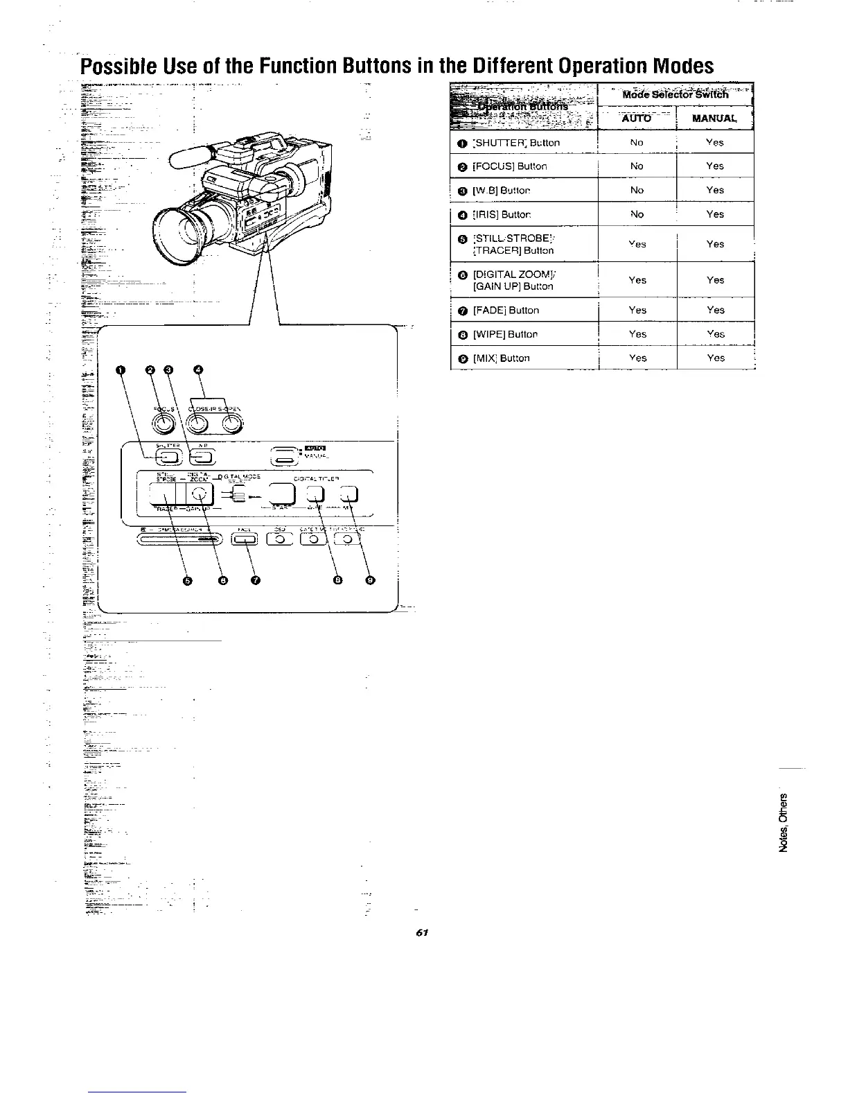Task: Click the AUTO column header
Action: point(636,118)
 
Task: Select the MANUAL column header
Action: point(714,118)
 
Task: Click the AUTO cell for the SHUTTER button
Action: point(636,143)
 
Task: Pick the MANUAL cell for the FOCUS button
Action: point(714,166)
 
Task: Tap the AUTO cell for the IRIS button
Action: point(636,214)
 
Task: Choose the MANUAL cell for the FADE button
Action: point(714,311)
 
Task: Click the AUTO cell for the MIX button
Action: point(636,358)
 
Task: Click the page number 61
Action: point(420,933)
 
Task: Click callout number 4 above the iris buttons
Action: point(199,370)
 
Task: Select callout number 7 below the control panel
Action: point(255,581)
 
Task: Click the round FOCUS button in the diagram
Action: point(166,421)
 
